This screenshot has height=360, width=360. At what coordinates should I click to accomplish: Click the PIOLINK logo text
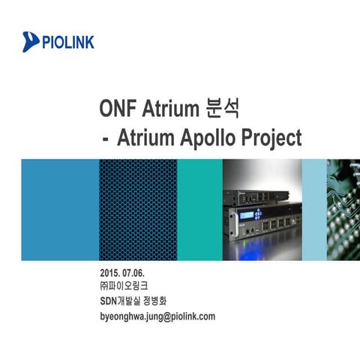tap(68, 41)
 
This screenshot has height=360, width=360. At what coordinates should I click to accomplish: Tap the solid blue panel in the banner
tap(60, 209)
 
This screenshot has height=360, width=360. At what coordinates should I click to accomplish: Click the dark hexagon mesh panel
tap(138, 209)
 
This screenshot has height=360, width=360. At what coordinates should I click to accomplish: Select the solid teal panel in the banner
tap(199, 209)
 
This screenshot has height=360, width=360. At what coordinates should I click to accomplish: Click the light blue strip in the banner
tap(313, 209)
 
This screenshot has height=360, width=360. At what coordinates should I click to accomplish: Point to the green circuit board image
tap(343, 209)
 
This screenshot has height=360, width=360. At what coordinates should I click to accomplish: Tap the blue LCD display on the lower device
tap(248, 220)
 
